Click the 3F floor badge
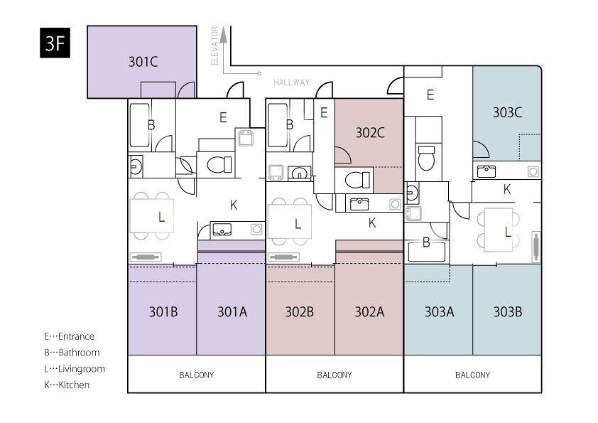click(x=55, y=43)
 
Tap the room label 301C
click(x=143, y=62)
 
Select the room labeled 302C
click(x=370, y=133)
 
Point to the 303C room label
click(x=507, y=112)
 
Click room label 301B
click(x=163, y=312)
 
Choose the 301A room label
click(x=232, y=312)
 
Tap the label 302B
click(x=300, y=312)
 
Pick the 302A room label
click(x=369, y=312)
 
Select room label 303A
click(x=440, y=312)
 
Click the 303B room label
click(x=508, y=312)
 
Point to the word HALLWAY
click(x=292, y=82)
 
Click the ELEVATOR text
click(x=214, y=45)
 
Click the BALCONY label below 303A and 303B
click(x=472, y=375)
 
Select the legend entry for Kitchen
click(x=67, y=385)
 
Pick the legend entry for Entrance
click(x=69, y=336)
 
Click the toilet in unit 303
click(x=426, y=158)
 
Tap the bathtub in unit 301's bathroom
click(x=140, y=125)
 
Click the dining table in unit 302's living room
click(x=290, y=221)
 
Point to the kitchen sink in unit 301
click(x=222, y=230)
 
